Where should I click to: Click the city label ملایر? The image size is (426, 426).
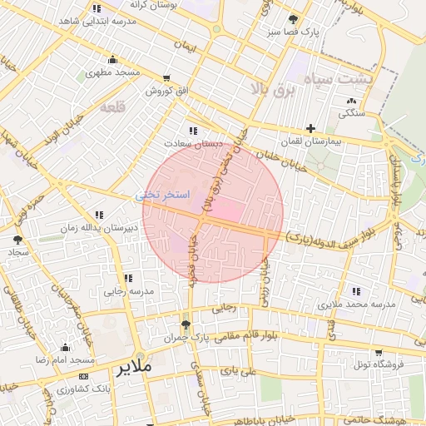[133, 366]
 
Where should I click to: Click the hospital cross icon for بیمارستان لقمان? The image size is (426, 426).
[310, 128]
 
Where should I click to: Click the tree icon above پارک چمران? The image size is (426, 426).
[186, 324]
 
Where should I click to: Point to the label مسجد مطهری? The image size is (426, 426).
[112, 73]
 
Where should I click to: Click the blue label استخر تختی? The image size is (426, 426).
[163, 195]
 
